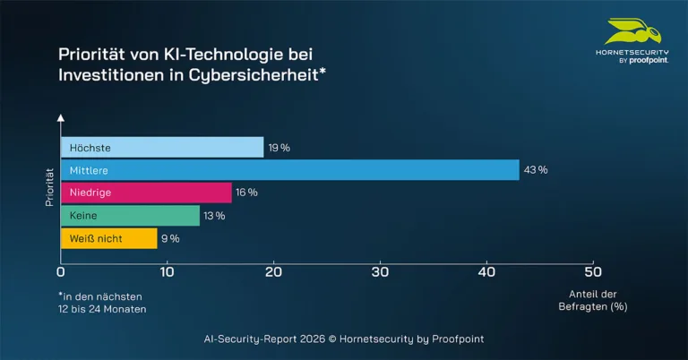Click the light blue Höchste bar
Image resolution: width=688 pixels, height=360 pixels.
162,147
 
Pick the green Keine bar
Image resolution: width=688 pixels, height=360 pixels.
130,216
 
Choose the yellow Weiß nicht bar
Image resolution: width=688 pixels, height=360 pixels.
108,238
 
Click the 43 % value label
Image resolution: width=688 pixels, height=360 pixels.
537,170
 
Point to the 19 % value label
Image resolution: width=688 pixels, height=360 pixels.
279,147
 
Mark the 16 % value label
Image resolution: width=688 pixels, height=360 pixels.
247,193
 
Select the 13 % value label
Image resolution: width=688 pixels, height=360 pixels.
215,216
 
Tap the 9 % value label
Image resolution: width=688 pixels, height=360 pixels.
170,238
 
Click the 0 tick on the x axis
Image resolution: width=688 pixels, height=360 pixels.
61,272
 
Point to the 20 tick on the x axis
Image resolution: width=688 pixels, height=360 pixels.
274,272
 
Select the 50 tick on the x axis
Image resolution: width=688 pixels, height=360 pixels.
592,272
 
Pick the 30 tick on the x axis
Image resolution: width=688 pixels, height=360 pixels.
380,272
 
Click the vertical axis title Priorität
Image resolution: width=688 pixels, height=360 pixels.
50,185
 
